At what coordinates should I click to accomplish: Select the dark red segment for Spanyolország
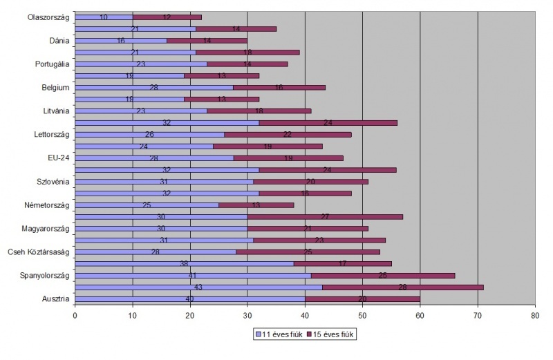click(x=383, y=276)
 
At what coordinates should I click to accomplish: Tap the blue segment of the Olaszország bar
click(x=104, y=17)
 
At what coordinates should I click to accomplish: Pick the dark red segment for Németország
click(x=256, y=205)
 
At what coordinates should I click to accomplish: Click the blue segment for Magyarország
click(x=160, y=229)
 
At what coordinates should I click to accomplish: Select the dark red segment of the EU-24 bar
click(x=288, y=158)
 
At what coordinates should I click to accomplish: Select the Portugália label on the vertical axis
click(x=52, y=64)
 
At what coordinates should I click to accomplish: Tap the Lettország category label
click(x=51, y=135)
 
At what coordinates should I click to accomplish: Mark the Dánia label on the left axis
click(x=59, y=41)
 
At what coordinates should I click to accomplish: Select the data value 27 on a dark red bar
click(x=325, y=217)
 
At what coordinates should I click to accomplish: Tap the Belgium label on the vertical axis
click(x=55, y=88)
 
